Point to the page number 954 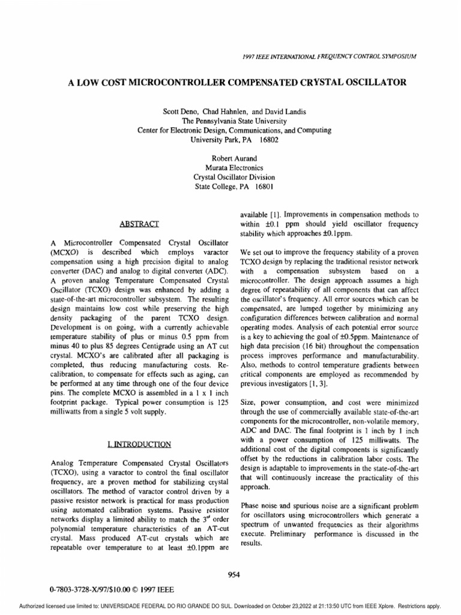[234, 574]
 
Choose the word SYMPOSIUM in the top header [396, 56]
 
